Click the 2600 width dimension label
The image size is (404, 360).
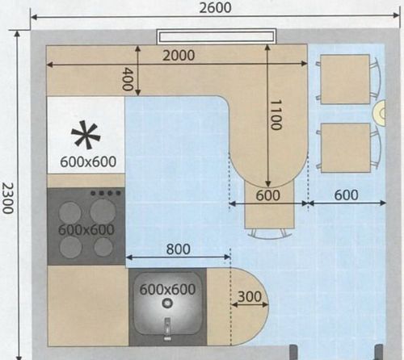pos(215,7)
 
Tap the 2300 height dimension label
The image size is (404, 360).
pos(8,198)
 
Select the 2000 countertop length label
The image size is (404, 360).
pos(179,56)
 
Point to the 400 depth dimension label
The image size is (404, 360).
pos(128,79)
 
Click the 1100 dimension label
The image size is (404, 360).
pos(276,115)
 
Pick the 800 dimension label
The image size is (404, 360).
pos(178,249)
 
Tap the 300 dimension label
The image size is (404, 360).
pos(250,296)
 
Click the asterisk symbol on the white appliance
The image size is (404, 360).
pos(86,135)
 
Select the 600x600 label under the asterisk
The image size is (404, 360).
pos(88,161)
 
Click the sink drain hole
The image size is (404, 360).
pos(167,303)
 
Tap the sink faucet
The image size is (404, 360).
pos(167,329)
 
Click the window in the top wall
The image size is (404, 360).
pos(217,36)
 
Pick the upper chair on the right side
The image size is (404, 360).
pos(348,79)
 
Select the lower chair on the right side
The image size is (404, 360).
pos(348,148)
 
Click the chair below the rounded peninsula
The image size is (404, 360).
pos(269,208)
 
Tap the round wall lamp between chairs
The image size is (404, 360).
pos(379,113)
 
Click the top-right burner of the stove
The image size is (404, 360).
pos(103,211)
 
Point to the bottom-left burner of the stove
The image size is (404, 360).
pos(70,247)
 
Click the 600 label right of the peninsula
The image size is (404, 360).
pos(346,195)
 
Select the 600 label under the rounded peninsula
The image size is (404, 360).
pos(267,195)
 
